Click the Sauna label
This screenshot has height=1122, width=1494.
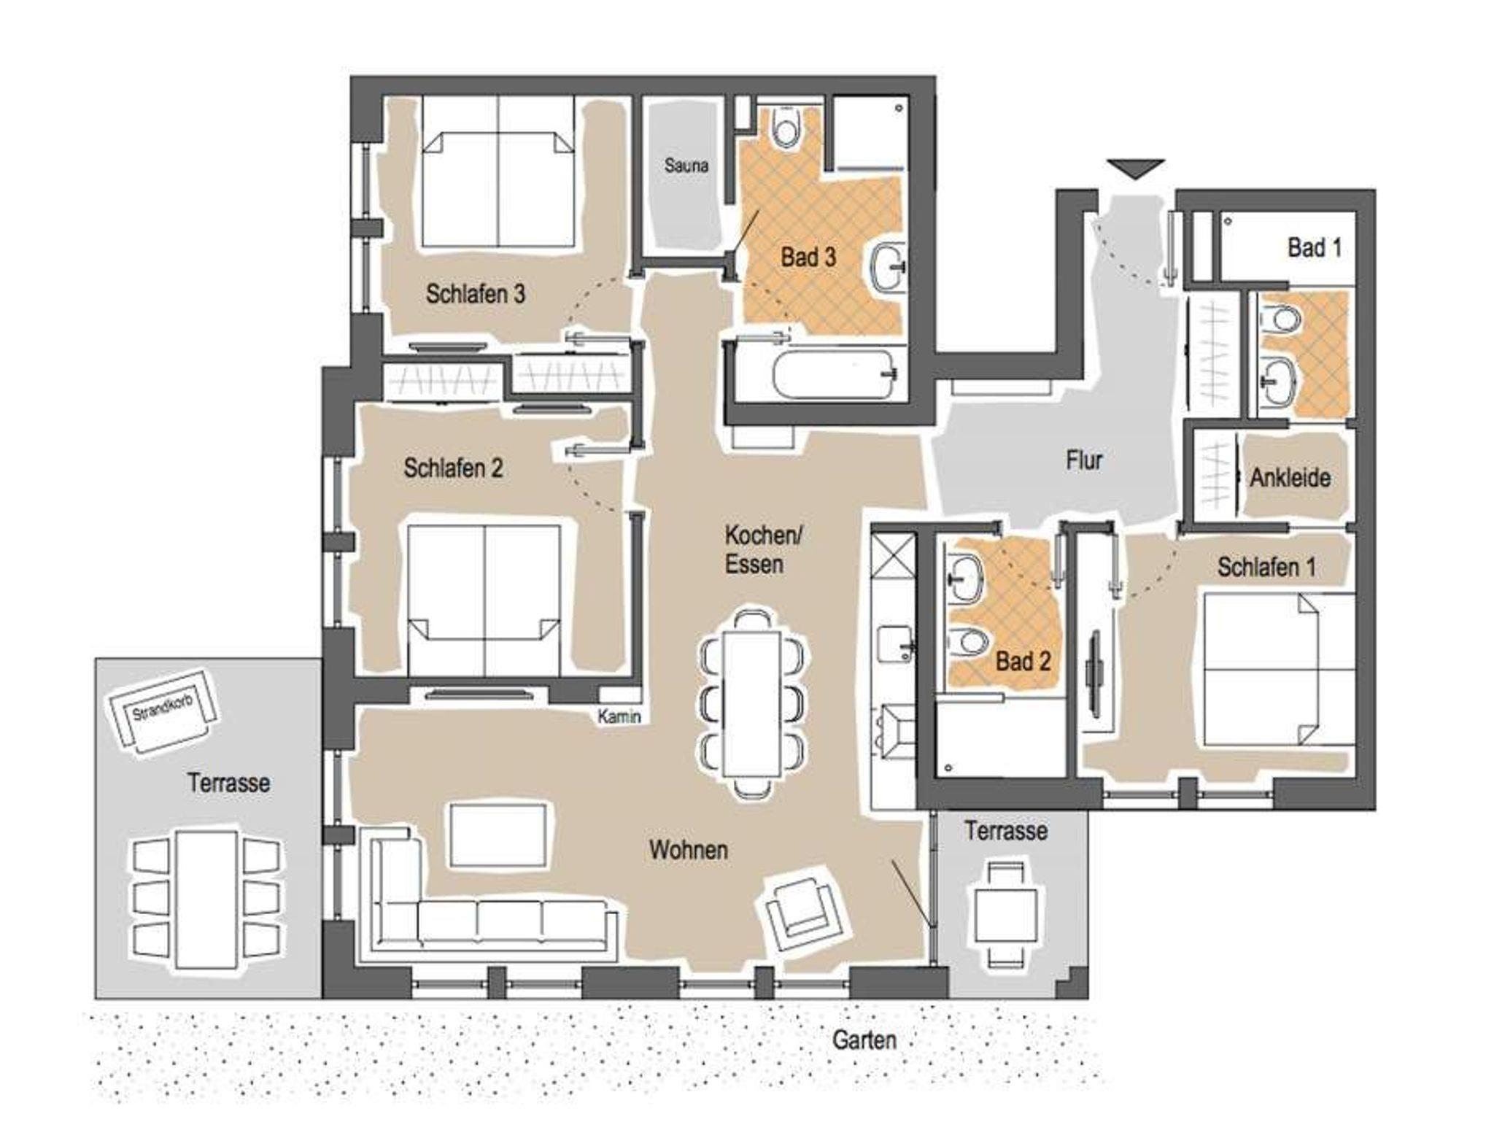(x=686, y=166)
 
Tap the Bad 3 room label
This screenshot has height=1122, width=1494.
(x=808, y=257)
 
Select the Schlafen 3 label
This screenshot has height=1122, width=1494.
(x=475, y=294)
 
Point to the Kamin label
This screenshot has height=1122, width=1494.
(x=619, y=717)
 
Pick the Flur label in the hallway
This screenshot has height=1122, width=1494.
(x=1084, y=460)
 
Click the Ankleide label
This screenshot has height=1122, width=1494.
(x=1290, y=478)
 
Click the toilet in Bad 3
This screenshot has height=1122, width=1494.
(x=786, y=127)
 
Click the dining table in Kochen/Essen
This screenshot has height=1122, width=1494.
(x=751, y=705)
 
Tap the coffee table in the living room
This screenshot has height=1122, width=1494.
(x=499, y=835)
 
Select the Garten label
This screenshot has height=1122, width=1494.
(x=864, y=1040)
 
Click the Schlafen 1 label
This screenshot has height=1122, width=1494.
(x=1266, y=568)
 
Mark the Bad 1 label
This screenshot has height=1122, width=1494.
(x=1315, y=248)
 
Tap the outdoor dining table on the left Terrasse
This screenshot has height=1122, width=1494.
(x=206, y=900)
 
